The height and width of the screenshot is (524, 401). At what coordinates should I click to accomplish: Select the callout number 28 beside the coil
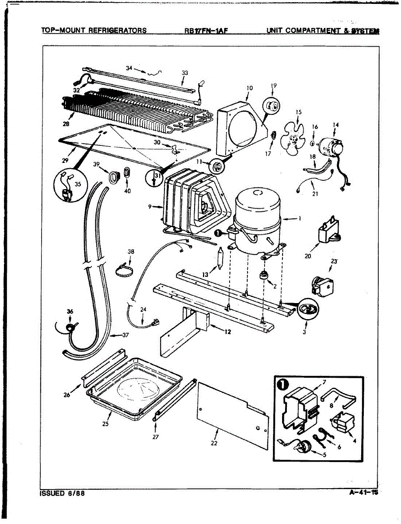[66, 124]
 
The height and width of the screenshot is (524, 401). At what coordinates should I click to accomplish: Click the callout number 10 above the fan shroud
[249, 88]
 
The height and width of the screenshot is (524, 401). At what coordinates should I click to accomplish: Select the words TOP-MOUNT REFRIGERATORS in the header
[94, 31]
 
